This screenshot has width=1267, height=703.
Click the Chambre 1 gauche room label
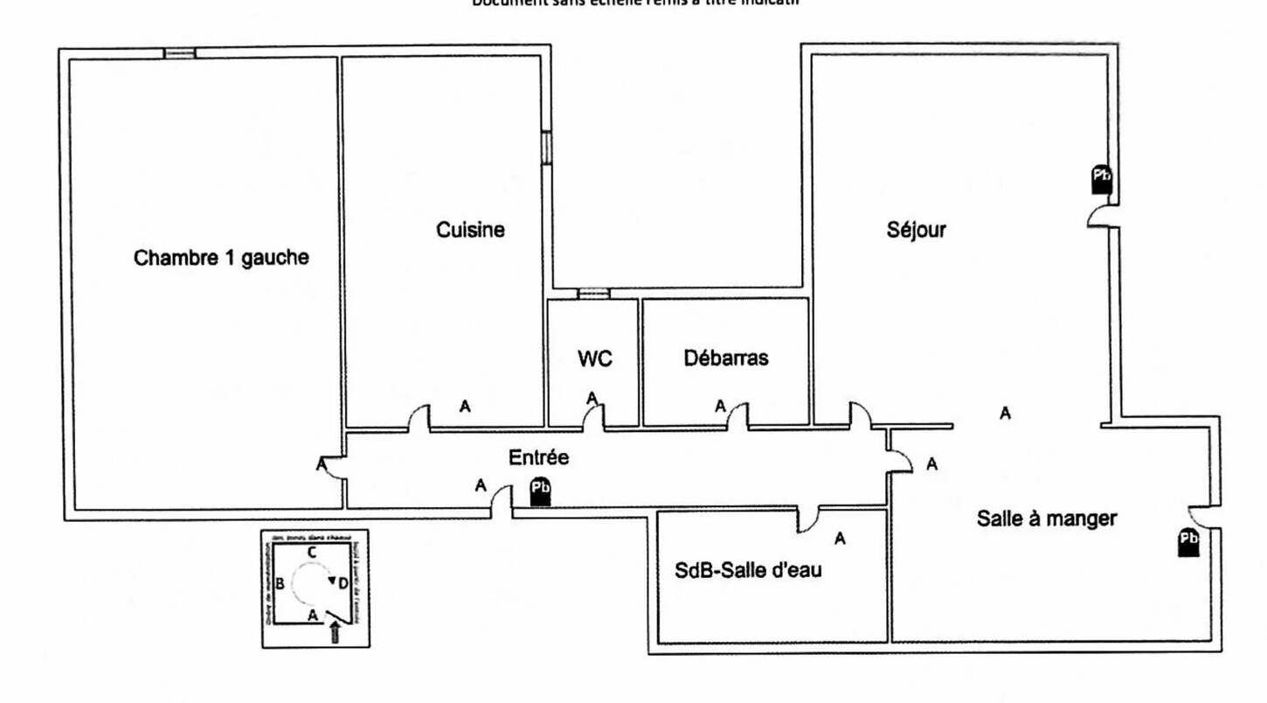click(221, 258)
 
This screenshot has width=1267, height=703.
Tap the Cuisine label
click(470, 230)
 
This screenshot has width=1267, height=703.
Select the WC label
click(594, 358)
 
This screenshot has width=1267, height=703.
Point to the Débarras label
click(726, 358)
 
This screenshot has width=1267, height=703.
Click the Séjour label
click(916, 230)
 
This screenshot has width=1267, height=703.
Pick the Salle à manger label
click(1046, 519)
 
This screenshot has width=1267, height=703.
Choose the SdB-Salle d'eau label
click(749, 570)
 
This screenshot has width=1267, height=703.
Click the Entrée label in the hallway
click(538, 457)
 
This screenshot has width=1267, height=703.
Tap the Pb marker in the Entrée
click(541, 492)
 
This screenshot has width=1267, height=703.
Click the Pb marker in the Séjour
click(1102, 178)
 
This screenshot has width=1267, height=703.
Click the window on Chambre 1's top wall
click(180, 53)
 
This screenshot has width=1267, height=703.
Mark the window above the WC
click(594, 294)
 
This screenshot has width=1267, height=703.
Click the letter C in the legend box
click(311, 552)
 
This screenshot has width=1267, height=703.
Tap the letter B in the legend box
click(280, 583)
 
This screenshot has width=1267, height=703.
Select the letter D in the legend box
click(343, 582)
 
